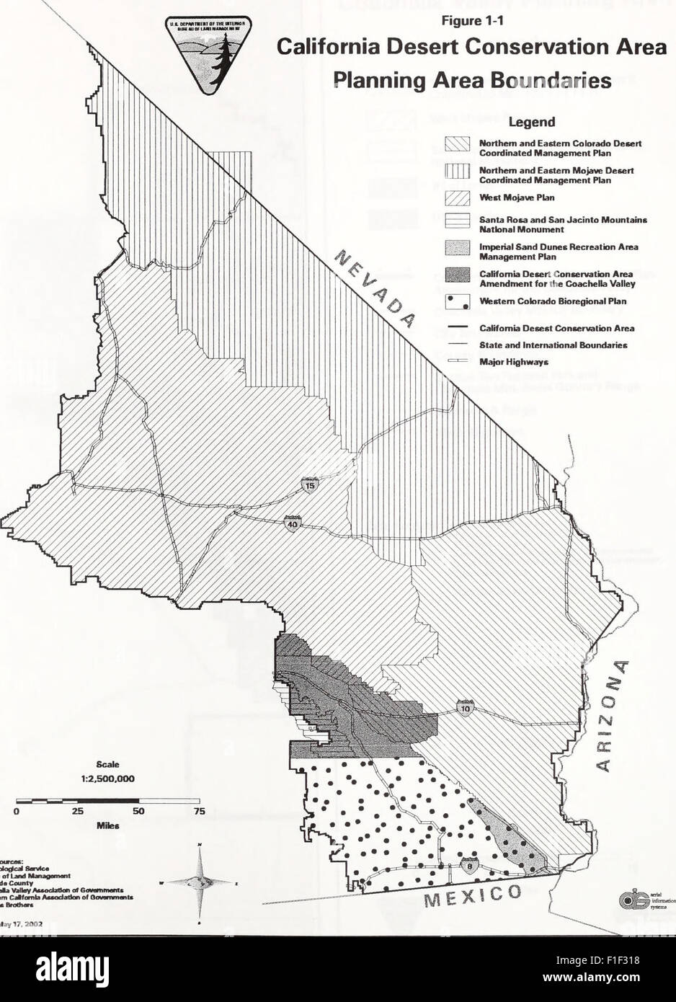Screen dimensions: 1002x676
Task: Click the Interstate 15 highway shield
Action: click(309, 485)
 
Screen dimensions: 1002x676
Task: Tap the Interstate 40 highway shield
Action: click(292, 523)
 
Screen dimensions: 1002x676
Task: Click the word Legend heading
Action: click(533, 123)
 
